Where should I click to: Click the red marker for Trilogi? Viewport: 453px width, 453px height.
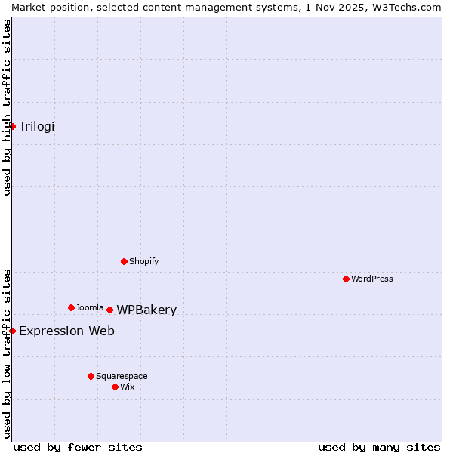13,126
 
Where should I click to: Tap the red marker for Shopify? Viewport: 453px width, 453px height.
125,261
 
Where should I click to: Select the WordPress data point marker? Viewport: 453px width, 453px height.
347,279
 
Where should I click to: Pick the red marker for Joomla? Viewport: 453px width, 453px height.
72,307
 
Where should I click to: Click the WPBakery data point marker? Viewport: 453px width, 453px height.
110,310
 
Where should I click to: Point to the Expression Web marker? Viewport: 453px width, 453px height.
13,331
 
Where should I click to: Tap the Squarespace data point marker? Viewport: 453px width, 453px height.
91,376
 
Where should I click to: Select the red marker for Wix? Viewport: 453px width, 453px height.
116,387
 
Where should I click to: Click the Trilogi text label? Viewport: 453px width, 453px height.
37,126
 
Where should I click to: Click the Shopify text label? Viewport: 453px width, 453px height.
143,261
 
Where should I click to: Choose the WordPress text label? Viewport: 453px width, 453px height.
372,279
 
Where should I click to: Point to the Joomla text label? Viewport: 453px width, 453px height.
90,307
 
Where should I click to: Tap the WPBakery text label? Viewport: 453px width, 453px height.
146,310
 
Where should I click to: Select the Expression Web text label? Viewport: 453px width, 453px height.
66,331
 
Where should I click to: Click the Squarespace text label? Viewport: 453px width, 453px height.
122,376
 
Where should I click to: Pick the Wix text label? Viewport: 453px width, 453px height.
128,387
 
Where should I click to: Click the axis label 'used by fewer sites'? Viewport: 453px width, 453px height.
78,447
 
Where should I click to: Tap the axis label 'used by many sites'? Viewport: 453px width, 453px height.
379,447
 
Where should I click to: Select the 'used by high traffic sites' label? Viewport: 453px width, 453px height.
7,107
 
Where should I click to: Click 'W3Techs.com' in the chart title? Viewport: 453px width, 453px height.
408,7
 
